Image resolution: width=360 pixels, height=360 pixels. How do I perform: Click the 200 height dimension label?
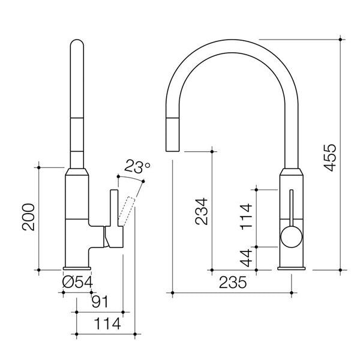pos(29,218)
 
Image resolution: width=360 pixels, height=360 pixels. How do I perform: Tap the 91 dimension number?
pos(100,301)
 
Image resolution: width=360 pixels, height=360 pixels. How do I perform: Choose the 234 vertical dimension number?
pos(202,211)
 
